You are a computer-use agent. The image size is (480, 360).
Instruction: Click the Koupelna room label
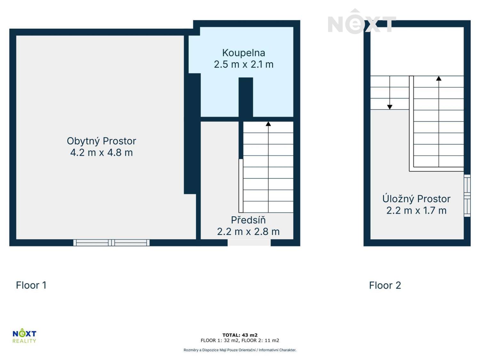point(244,53)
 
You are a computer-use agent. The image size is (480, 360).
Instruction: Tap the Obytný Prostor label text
point(101,141)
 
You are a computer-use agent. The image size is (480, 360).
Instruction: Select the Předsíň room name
point(248,220)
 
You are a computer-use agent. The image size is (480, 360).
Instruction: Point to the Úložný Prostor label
point(416,199)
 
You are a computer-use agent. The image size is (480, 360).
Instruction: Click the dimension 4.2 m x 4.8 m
point(101,153)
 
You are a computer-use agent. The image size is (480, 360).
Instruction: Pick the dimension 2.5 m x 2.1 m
point(244,64)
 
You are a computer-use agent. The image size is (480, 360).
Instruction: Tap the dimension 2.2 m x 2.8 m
point(248,232)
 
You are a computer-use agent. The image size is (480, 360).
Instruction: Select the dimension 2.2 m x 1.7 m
point(416,211)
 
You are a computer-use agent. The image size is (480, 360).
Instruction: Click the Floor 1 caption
point(31,285)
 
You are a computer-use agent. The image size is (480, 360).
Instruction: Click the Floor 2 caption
point(385,285)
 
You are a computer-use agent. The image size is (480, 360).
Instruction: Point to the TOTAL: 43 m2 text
point(240,335)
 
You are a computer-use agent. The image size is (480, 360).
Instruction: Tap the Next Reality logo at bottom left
point(24,336)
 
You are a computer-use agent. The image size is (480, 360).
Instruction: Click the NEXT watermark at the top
point(362,23)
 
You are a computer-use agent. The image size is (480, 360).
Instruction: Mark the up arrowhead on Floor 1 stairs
point(268,124)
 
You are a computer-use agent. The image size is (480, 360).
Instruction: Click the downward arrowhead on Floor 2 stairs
point(390,107)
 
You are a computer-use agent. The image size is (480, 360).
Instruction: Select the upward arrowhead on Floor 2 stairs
point(439,78)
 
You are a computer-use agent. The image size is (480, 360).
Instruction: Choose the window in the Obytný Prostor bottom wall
point(111,243)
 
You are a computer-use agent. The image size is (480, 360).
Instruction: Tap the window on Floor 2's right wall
point(467,196)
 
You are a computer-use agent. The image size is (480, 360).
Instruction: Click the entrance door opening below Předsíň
point(249,243)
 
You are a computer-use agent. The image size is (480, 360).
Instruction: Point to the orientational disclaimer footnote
point(240,350)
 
